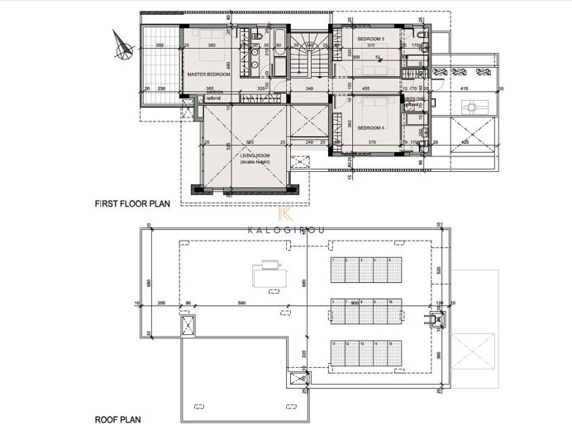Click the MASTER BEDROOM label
point(207,74)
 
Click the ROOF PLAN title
point(114,420)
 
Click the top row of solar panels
point(365,270)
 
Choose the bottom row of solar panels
point(365,354)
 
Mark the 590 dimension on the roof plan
point(242,304)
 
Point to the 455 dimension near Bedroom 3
point(365,88)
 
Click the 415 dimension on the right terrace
point(464,88)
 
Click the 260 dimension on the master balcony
point(159,45)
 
